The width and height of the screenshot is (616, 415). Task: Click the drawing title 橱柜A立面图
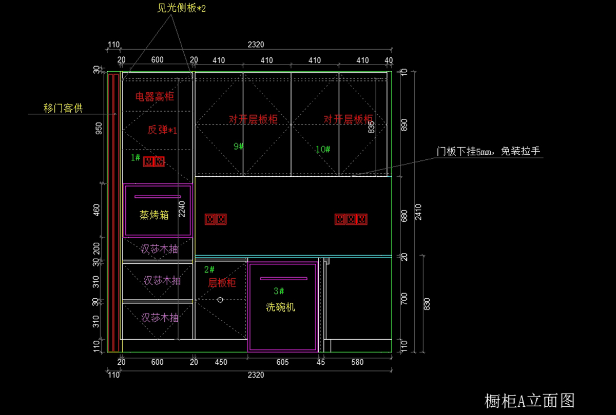click(529, 401)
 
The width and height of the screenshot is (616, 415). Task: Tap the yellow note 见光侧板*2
click(181, 8)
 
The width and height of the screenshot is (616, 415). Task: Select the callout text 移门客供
click(63, 108)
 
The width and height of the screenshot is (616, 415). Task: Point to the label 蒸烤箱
click(154, 215)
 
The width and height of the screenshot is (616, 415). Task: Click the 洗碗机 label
click(280, 307)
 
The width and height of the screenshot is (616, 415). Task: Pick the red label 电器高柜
click(155, 97)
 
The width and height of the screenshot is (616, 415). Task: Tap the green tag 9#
click(238, 147)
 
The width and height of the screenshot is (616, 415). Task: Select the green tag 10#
click(322, 149)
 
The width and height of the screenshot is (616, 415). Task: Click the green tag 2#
click(209, 269)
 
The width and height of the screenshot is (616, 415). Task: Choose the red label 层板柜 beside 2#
click(222, 283)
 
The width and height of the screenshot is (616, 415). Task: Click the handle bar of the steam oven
click(158, 197)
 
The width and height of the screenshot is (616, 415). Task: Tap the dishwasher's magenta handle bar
click(283, 279)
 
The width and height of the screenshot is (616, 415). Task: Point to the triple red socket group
click(351, 219)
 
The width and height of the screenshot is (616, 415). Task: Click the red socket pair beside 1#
click(154, 162)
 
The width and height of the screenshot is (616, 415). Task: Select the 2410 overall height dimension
click(418, 212)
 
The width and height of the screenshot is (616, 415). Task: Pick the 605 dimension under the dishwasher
click(282, 362)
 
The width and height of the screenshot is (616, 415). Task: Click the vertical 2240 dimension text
click(182, 209)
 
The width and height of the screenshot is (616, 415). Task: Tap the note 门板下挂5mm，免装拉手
click(488, 151)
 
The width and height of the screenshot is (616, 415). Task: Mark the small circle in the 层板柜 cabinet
click(220, 300)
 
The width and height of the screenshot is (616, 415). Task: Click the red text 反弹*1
click(162, 130)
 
